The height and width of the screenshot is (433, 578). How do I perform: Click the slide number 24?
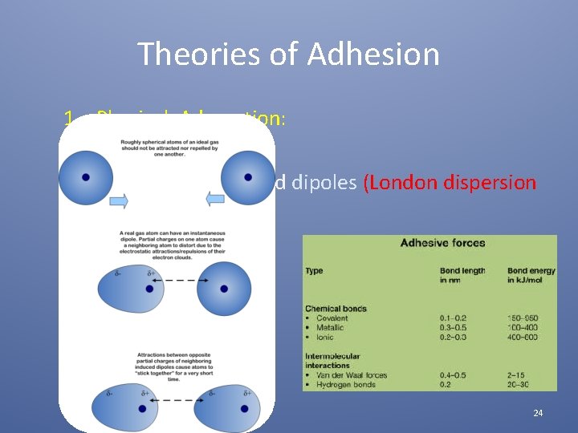pyautogui.click(x=538, y=413)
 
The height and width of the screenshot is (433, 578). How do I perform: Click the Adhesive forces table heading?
pyautogui.click(x=442, y=243)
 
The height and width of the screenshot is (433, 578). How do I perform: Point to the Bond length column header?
pyautogui.click(x=462, y=275)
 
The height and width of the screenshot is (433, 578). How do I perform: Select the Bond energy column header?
pyautogui.click(x=531, y=275)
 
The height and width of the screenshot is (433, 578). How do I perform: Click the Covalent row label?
pyautogui.click(x=329, y=318)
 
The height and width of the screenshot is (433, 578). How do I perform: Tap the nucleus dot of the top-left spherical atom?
pyautogui.click(x=85, y=177)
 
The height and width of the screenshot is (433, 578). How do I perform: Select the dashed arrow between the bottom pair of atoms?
pyautogui.click(x=179, y=399)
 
